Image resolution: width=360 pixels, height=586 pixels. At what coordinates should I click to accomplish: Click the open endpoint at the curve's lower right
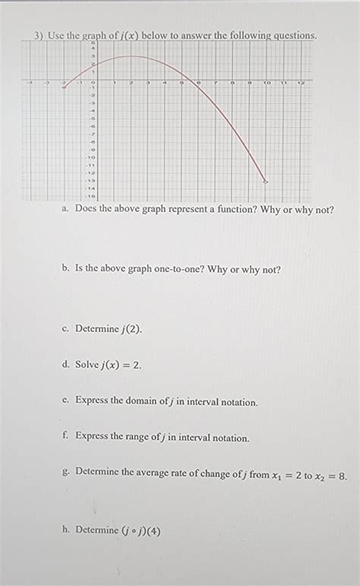pos(265,181)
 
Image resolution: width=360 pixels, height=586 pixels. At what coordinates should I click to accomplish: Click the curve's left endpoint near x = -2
pos(64,87)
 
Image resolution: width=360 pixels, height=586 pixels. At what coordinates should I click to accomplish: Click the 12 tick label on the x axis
pos(302,81)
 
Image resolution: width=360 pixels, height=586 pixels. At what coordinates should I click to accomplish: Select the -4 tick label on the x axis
pos(30,81)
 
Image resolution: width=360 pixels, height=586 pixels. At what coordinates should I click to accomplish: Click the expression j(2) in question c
pos(131,329)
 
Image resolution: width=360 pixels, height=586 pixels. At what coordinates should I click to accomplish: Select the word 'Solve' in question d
pos(87,365)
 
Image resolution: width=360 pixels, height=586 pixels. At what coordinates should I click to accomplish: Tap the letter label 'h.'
pos(67,530)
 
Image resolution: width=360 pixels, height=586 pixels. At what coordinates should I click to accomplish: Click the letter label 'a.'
pos(67,209)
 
